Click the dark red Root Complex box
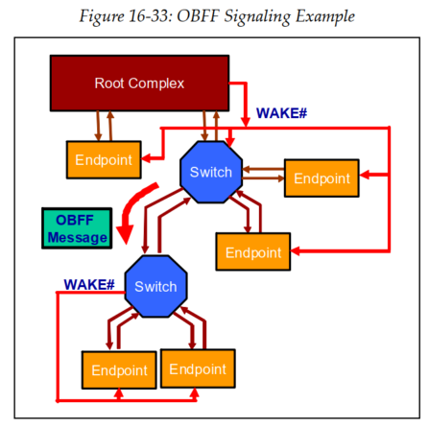(x=139, y=83)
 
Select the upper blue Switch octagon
(x=210, y=173)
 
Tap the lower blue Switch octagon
(x=155, y=287)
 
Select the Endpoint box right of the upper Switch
(x=322, y=178)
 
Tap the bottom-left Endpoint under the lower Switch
(x=119, y=370)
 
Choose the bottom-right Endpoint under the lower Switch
(x=198, y=369)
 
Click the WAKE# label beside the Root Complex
(x=281, y=113)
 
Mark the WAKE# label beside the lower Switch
(x=89, y=285)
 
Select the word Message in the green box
(x=77, y=237)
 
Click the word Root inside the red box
(x=109, y=83)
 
